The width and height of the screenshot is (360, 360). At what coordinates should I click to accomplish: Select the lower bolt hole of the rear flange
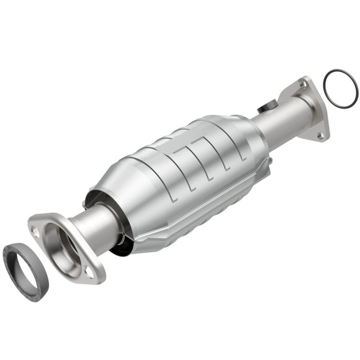[320, 133]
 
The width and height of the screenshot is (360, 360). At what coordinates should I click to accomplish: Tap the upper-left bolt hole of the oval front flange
[37, 231]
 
